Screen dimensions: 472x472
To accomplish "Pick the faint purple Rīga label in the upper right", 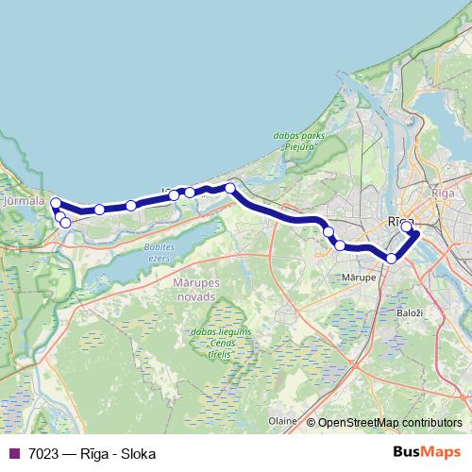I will point(443,192).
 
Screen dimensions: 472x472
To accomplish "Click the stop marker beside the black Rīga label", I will point(407,227).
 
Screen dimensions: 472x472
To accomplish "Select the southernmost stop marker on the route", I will point(392,258).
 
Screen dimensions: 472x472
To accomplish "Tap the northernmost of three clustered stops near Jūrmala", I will point(56,203).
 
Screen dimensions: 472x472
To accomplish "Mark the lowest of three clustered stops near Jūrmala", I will point(65,223).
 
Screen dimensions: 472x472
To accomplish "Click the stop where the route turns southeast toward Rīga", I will point(229,188).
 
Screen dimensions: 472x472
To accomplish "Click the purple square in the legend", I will point(13,453).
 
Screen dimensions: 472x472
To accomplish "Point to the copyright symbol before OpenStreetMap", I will point(311,422).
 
